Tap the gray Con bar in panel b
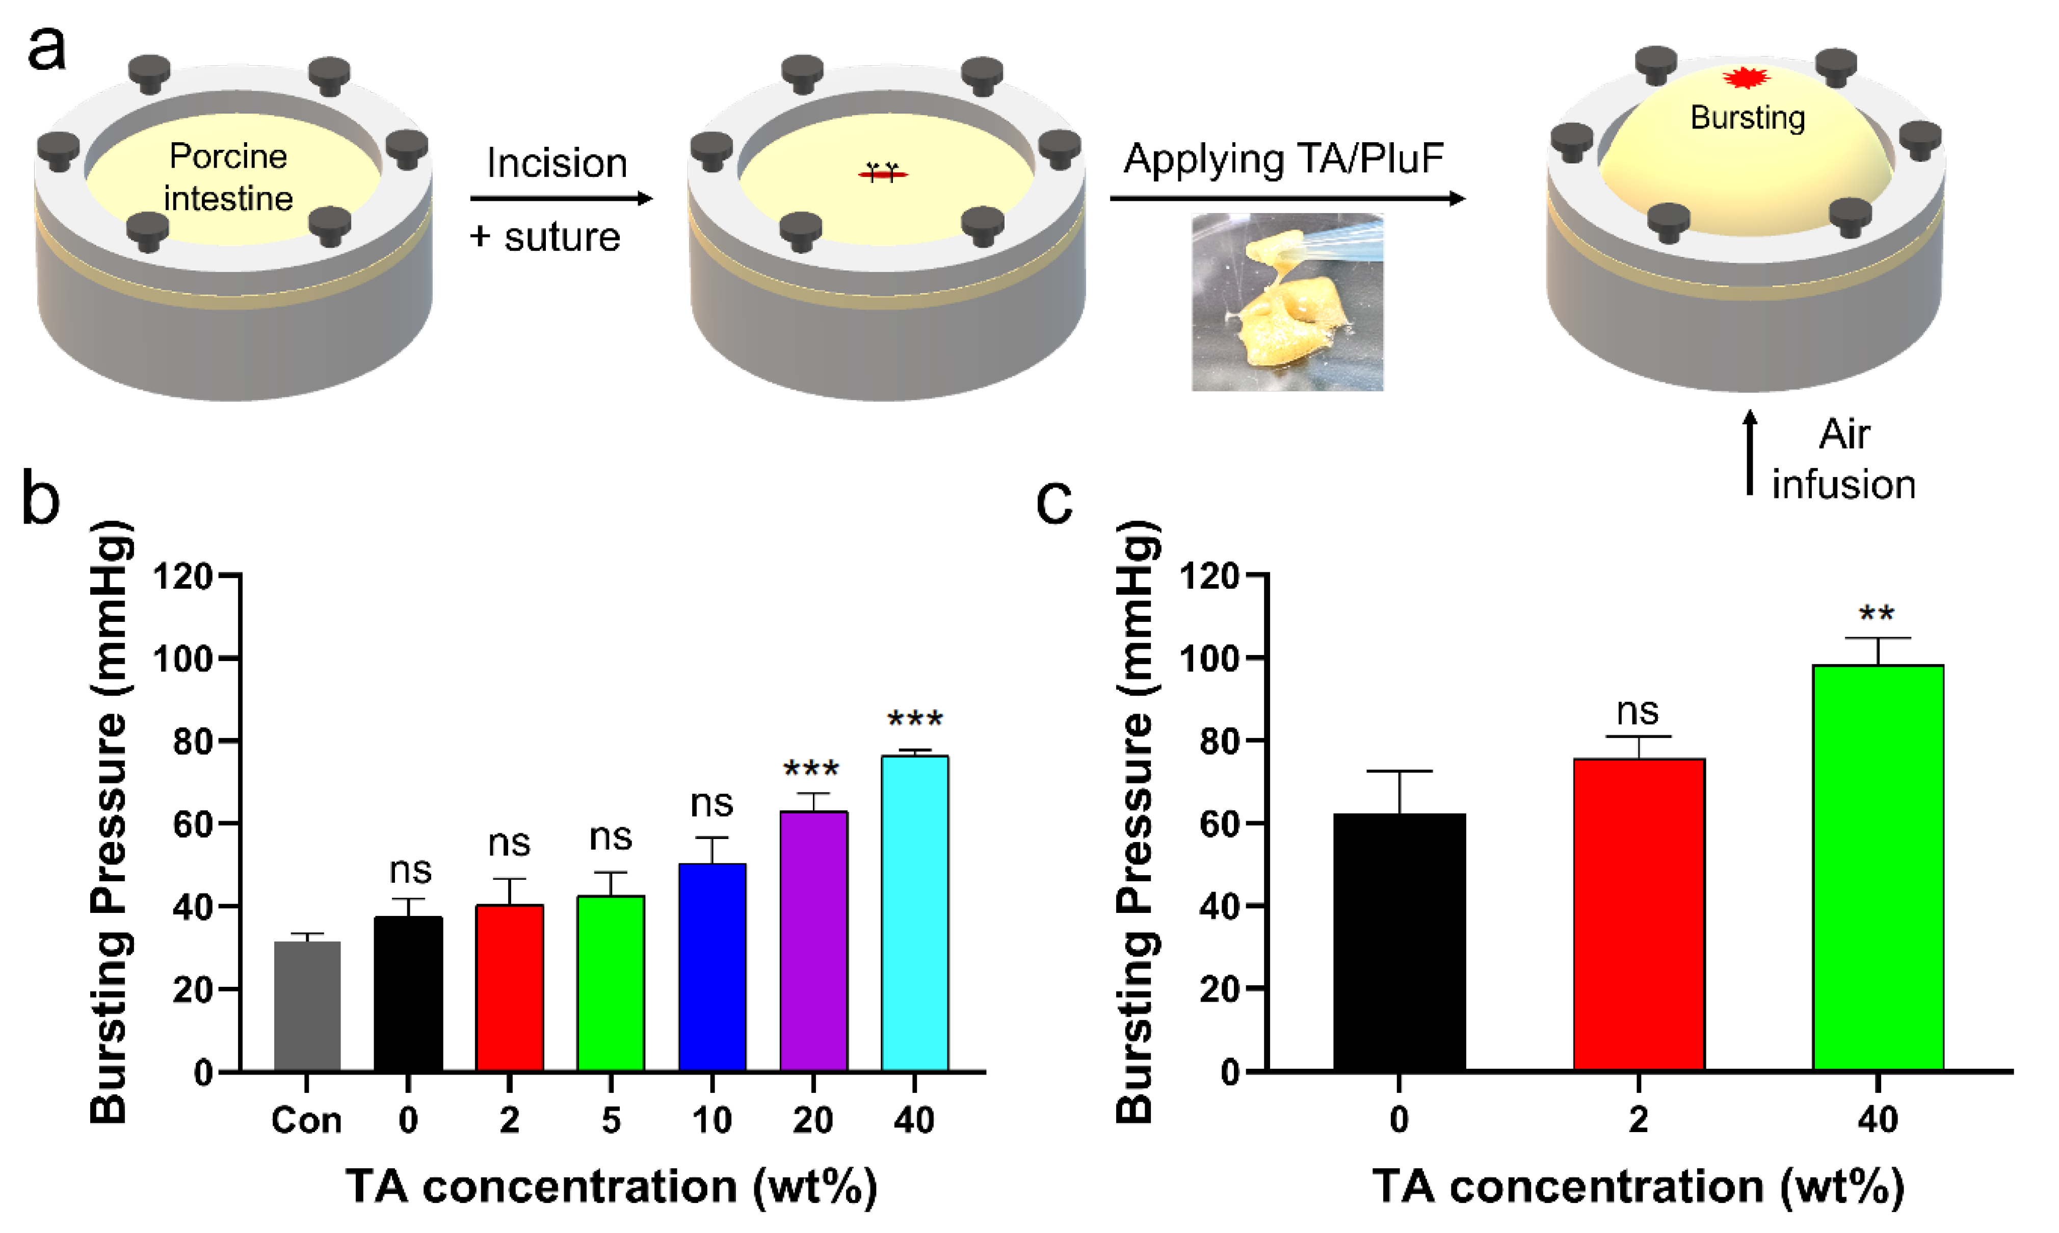306,1005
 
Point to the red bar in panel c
1638,914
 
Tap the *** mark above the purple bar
811,769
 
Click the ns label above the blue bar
712,803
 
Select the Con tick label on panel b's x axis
306,1121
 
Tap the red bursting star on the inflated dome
1746,78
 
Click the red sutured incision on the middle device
882,173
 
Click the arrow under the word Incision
561,199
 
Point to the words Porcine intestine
228,177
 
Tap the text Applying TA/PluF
1283,159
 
